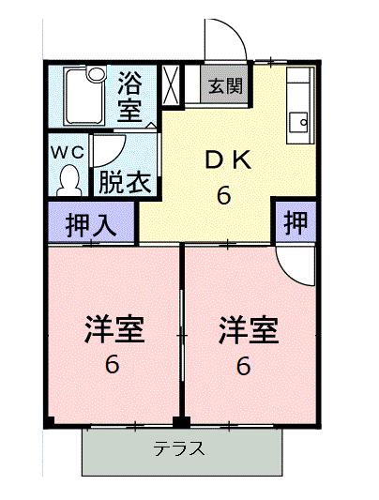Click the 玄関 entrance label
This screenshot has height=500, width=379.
224,86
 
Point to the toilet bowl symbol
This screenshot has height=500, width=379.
69,178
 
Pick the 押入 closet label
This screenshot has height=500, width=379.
90,225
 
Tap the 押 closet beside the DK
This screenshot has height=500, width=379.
296,223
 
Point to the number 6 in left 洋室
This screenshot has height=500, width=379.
112,365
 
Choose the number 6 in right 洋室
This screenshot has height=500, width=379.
244,365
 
